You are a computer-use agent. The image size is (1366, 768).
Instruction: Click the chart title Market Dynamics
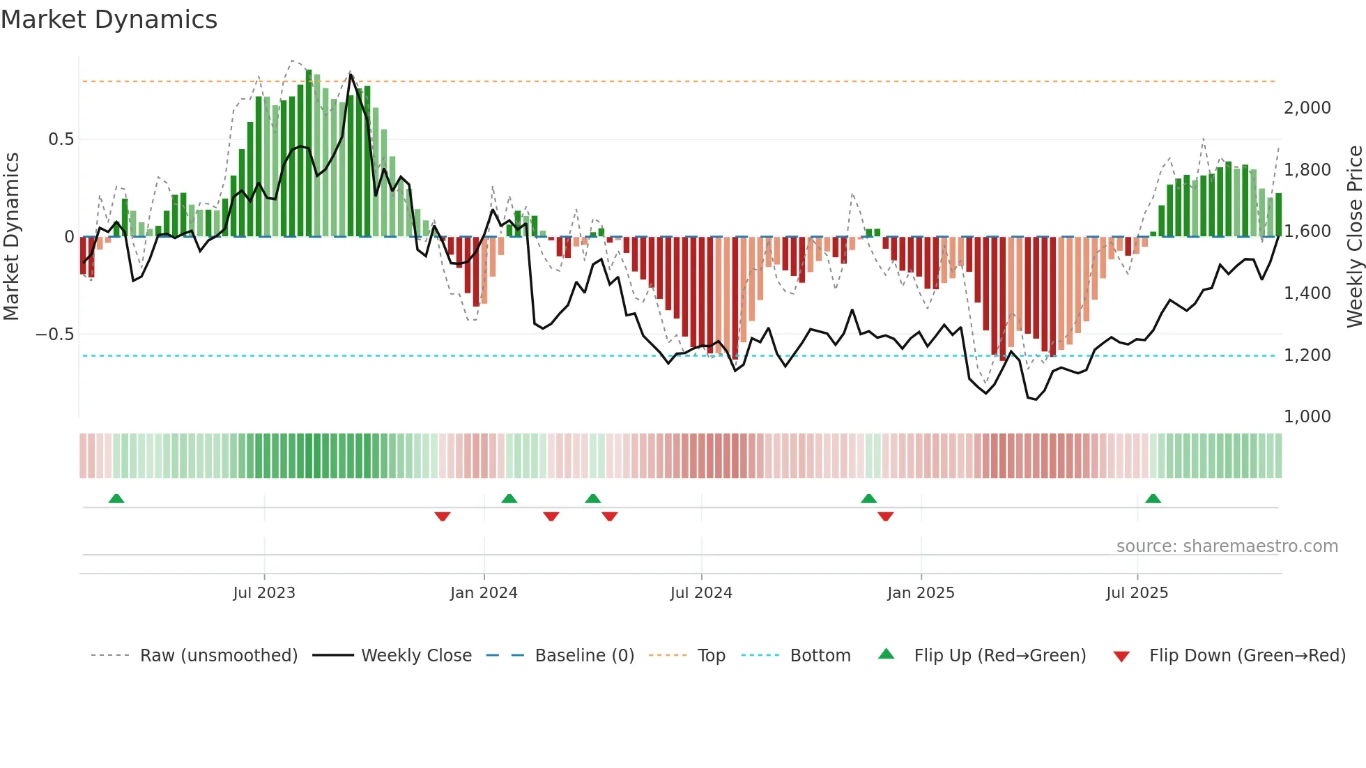(x=109, y=20)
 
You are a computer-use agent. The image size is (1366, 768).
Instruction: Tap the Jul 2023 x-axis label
(x=264, y=593)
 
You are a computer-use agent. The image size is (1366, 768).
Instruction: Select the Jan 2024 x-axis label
(x=484, y=593)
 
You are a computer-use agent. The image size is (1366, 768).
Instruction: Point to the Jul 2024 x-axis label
(x=701, y=593)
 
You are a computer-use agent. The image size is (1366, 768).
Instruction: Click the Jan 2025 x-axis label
(x=921, y=593)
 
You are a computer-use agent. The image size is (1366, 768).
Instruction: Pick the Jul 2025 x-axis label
(x=1137, y=593)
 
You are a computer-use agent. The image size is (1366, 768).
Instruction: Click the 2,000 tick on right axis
(x=1307, y=108)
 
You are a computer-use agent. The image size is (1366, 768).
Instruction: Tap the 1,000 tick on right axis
(x=1307, y=417)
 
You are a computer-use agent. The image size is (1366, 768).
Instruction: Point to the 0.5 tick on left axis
(x=61, y=139)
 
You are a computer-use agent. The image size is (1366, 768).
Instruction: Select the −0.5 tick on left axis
(x=55, y=335)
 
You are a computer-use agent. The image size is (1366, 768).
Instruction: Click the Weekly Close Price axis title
(x=1354, y=237)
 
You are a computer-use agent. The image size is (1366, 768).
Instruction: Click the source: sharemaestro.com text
(x=1227, y=546)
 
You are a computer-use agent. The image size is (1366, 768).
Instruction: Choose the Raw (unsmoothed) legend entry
(x=219, y=656)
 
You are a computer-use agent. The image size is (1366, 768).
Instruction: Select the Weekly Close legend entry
(x=416, y=656)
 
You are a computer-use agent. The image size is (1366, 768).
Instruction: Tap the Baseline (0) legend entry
(x=584, y=656)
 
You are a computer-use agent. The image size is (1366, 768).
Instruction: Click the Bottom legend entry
(x=820, y=656)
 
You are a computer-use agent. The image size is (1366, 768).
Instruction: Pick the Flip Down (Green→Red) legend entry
(x=1247, y=656)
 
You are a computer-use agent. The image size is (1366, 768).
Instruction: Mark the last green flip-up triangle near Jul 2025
(x=1153, y=499)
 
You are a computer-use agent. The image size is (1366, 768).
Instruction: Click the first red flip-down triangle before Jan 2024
(x=442, y=516)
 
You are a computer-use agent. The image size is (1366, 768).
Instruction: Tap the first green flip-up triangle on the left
(x=116, y=499)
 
